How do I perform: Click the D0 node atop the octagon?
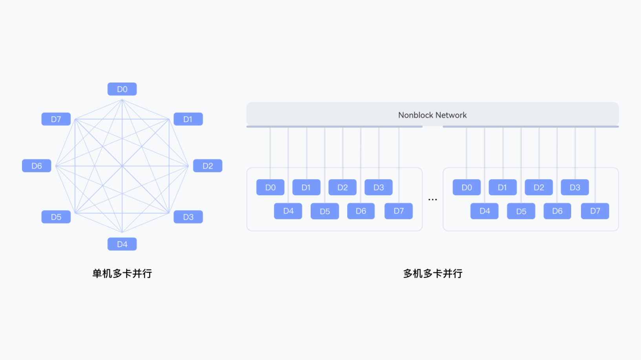tap(122, 89)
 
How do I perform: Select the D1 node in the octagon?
tap(188, 119)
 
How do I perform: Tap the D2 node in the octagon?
tap(208, 166)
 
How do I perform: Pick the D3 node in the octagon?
tap(188, 217)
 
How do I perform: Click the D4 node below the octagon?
tap(122, 244)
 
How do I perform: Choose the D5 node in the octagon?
tap(56, 217)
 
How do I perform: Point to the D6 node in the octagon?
tap(37, 166)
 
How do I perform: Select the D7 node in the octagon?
tap(56, 119)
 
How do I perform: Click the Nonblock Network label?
tap(432, 115)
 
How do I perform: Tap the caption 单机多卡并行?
tap(122, 274)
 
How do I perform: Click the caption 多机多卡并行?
tap(433, 274)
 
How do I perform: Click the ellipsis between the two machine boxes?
tap(433, 199)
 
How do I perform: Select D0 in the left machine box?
tap(270, 187)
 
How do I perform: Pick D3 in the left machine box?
tap(379, 187)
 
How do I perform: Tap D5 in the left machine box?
tap(325, 211)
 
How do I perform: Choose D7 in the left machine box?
tap(399, 211)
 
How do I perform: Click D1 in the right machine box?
tap(503, 187)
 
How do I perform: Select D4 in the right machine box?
tap(484, 211)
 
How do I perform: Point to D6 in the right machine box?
tap(557, 211)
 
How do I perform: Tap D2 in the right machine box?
tap(539, 187)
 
